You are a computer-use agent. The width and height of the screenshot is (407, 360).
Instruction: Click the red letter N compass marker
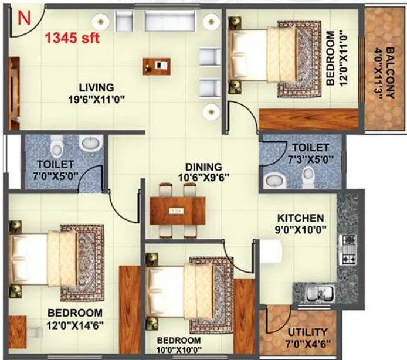click(24, 18)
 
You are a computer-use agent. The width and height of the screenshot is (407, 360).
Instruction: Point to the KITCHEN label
click(301, 218)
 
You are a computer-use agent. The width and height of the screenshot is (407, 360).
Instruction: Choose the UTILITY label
click(304, 332)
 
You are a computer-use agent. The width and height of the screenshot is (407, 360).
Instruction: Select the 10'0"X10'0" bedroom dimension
click(178, 350)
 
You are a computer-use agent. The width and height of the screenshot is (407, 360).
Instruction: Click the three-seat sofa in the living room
click(164, 21)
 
